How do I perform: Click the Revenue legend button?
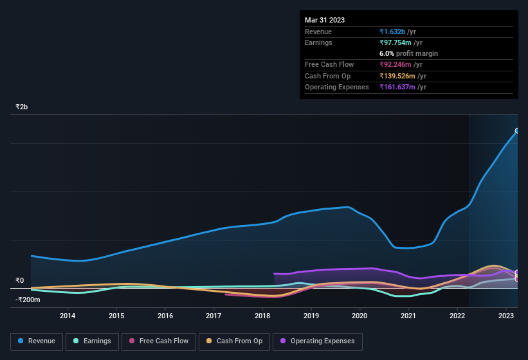tap(37, 341)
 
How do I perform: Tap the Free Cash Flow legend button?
tap(159, 341)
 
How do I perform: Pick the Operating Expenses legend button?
tap(318, 341)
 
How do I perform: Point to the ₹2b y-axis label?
tap(22, 107)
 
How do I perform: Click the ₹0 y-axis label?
tap(19, 280)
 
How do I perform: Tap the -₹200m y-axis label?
tap(28, 300)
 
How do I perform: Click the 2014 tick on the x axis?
tap(68, 316)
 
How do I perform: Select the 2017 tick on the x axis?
tap(214, 316)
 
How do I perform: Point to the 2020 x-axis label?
tap(360, 316)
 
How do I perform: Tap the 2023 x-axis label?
tap(506, 316)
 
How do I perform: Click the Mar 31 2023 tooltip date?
tap(325, 20)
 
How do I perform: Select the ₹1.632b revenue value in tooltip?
tap(392, 32)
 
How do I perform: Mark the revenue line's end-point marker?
tap(517, 130)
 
